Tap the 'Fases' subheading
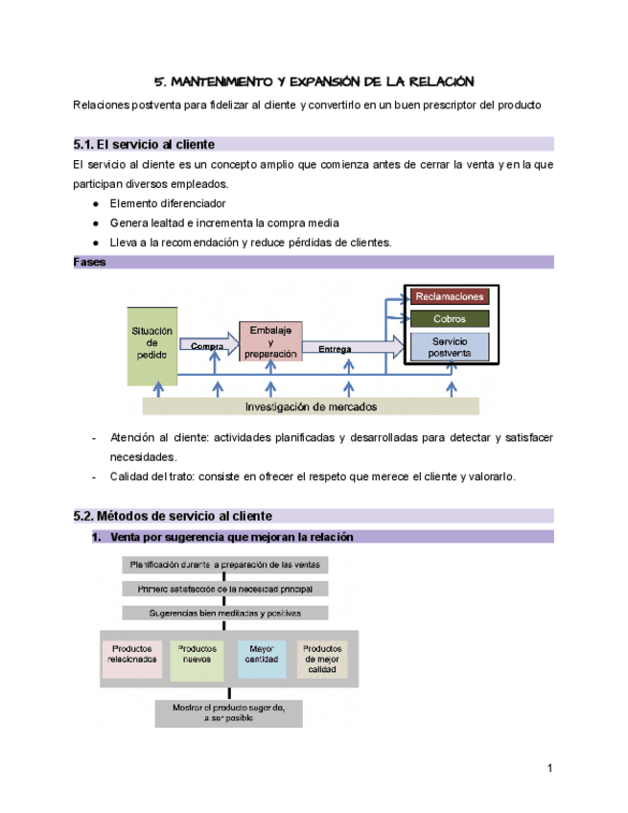tap(89, 262)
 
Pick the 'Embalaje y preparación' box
tap(269, 342)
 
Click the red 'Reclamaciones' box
tap(450, 297)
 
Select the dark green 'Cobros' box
tap(450, 318)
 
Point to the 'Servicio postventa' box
tap(450, 347)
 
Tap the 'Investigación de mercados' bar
tap(311, 406)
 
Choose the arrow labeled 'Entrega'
tap(349, 348)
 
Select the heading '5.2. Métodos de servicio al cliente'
tap(173, 516)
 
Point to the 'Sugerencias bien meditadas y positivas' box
tap(226, 613)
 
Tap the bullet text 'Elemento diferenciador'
tap(168, 203)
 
